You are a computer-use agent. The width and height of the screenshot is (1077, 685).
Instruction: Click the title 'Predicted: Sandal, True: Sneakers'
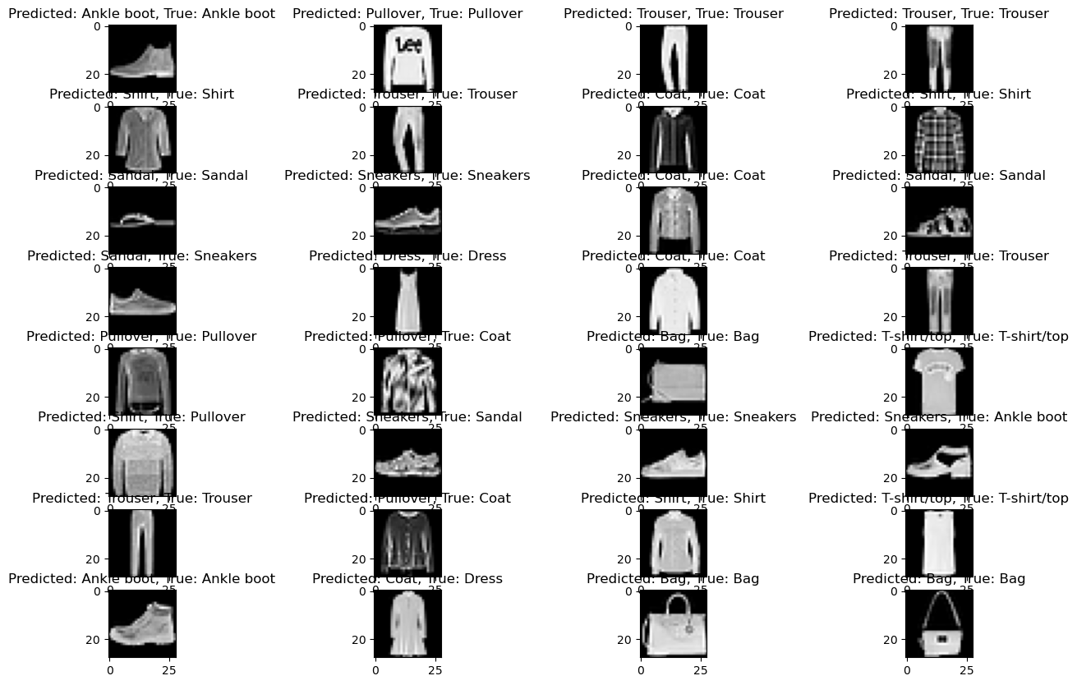point(141,256)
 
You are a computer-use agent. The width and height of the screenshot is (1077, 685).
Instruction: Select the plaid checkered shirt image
point(939,140)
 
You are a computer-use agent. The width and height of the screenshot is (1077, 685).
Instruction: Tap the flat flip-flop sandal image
point(141,220)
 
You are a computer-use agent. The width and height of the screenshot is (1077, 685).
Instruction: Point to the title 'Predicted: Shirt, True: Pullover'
point(141,417)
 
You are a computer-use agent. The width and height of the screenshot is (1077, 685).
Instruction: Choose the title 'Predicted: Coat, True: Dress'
point(407,579)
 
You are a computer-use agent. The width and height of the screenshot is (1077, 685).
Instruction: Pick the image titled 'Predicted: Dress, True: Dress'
point(407,301)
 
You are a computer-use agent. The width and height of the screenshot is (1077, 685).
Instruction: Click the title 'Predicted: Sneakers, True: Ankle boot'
point(939,417)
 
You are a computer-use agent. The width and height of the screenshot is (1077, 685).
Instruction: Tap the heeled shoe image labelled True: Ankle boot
point(939,462)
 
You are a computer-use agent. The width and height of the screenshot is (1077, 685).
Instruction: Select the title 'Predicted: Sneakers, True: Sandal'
point(407,417)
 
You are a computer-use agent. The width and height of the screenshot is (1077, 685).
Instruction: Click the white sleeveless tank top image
point(939,543)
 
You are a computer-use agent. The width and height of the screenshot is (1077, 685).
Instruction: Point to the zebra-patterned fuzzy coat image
point(407,381)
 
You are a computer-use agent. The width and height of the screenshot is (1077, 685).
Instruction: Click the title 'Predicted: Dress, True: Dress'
point(407,256)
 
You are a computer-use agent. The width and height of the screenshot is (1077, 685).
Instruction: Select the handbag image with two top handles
point(673,624)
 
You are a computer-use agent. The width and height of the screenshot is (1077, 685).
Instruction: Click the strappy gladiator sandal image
point(939,220)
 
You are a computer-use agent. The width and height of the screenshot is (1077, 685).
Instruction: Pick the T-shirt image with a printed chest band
point(939,381)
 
